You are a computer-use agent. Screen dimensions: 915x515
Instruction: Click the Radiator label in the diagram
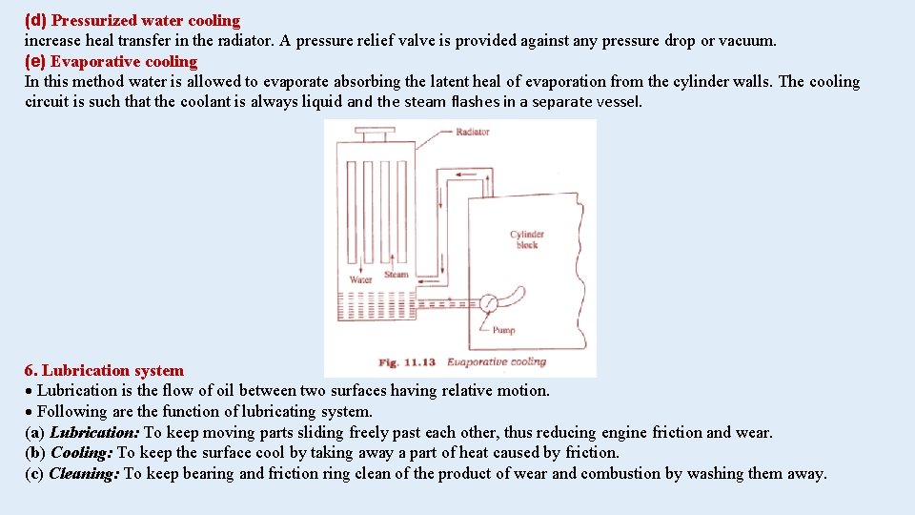(x=472, y=132)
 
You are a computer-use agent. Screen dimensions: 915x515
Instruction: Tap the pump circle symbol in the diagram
(x=488, y=304)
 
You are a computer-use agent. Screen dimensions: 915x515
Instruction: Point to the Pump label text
(x=503, y=330)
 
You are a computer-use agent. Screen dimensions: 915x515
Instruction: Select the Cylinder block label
(x=526, y=239)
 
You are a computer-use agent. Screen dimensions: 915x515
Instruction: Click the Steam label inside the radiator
(x=396, y=275)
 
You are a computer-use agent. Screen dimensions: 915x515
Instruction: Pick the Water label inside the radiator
(x=361, y=280)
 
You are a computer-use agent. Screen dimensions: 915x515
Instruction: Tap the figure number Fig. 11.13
(x=407, y=362)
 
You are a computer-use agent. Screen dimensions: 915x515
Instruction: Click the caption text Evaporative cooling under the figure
(x=497, y=362)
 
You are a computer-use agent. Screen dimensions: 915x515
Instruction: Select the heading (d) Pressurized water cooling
(x=132, y=20)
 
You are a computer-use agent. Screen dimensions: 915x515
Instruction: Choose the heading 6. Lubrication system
(x=104, y=370)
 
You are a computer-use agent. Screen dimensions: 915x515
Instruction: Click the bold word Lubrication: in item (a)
(x=94, y=432)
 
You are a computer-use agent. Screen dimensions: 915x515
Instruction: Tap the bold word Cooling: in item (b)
(x=81, y=452)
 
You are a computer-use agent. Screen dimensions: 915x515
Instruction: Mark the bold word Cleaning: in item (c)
(x=84, y=473)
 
